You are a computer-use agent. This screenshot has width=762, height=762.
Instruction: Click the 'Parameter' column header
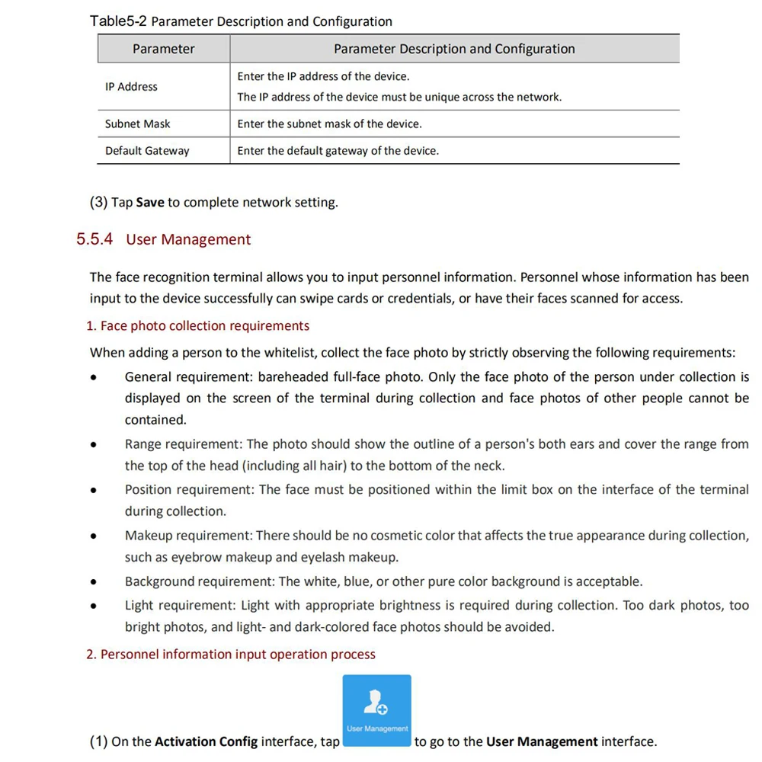pos(163,49)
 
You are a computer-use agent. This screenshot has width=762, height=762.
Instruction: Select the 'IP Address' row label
pos(131,87)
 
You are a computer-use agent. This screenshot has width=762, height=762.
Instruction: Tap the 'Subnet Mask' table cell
pos(137,123)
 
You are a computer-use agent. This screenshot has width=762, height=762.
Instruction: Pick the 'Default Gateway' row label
pos(147,151)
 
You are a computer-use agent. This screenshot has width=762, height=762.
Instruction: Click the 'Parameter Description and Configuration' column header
pos(454,49)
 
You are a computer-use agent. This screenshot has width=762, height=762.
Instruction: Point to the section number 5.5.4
pos(94,239)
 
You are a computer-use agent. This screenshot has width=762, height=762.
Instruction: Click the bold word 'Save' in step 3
pos(150,203)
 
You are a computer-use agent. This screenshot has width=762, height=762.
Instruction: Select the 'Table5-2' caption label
pos(119,21)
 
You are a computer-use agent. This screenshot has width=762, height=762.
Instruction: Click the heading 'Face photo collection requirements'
pos(204,326)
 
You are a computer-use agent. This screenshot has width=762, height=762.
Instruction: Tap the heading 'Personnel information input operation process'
pos(238,655)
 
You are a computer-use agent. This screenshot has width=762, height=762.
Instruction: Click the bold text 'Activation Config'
pos(206,742)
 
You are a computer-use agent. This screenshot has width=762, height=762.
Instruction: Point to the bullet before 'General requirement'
pos(93,378)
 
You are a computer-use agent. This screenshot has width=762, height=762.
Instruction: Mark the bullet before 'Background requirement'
pos(93,583)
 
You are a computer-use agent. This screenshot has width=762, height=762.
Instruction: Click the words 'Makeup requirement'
pos(188,536)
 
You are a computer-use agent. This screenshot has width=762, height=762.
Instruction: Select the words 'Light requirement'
pos(180,606)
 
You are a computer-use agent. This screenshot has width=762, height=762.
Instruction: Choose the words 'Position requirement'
pos(190,490)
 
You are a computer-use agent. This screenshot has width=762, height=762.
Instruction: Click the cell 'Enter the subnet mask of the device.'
pos(329,123)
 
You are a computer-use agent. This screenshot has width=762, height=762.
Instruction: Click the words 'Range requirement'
pos(184,444)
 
